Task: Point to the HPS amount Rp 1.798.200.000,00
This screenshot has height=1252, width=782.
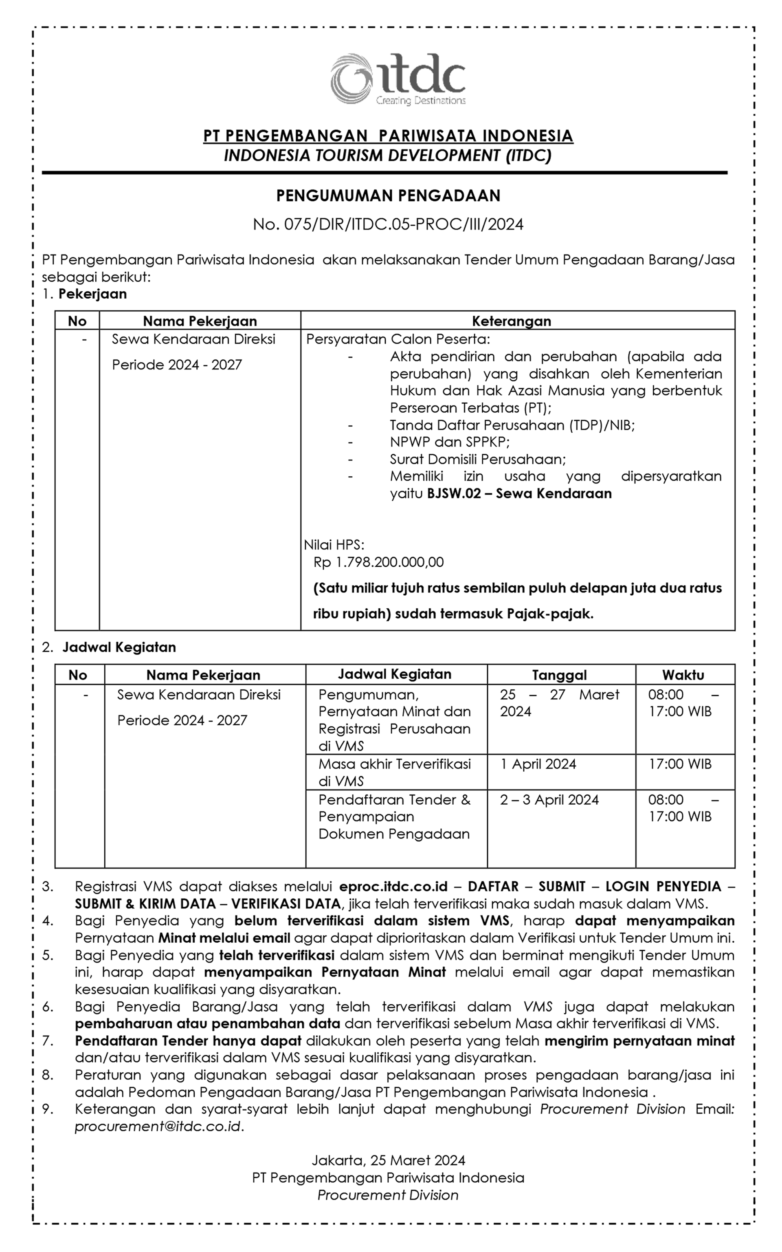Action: click(379, 562)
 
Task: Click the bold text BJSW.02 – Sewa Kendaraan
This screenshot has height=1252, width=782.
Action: click(519, 493)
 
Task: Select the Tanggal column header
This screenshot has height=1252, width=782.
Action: click(559, 675)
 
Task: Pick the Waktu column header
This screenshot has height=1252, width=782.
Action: click(683, 675)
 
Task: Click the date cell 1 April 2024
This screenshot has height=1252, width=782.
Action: click(538, 764)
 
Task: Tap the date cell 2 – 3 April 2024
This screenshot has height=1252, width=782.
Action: click(549, 800)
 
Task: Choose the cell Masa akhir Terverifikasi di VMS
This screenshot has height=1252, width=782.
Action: click(395, 772)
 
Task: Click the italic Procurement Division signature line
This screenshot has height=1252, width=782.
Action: click(388, 1195)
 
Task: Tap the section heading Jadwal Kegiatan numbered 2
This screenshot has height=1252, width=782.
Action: click(119, 647)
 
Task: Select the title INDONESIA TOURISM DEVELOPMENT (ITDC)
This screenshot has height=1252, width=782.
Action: click(388, 155)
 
